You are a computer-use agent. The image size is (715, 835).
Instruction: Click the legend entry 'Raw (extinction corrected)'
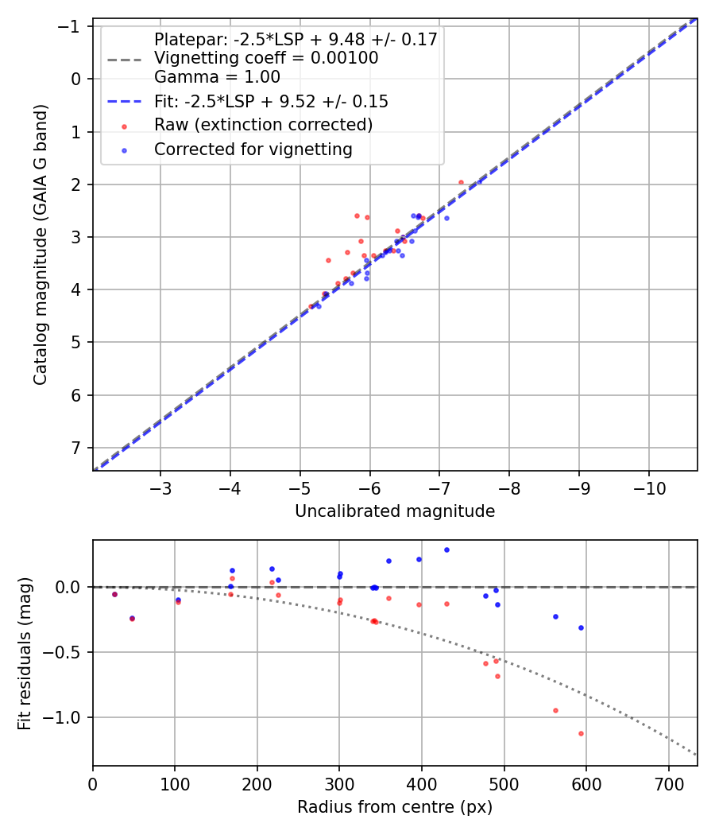point(263,125)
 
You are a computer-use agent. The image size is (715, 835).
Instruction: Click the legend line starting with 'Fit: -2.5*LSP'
point(271,102)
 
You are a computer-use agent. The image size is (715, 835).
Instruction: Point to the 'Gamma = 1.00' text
point(217,77)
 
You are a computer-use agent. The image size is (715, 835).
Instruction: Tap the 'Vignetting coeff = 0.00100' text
point(266,58)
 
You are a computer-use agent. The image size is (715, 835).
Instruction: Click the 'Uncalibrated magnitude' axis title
point(395,511)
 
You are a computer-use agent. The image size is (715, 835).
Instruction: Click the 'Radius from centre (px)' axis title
point(395,807)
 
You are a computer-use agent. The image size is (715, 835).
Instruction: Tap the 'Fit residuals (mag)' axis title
point(24,653)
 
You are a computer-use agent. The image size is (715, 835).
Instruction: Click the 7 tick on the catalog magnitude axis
point(76,448)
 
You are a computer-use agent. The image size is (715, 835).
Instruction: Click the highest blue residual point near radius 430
point(446,550)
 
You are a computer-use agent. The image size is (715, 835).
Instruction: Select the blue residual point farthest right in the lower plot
point(581,627)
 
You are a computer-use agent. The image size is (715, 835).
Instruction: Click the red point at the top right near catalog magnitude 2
point(461,182)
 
